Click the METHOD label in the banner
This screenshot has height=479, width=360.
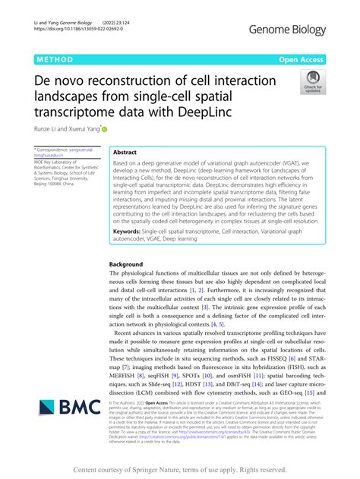pos(52,58)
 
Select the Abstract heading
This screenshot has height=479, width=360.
pos(129,152)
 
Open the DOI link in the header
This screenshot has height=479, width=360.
pos(69,36)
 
